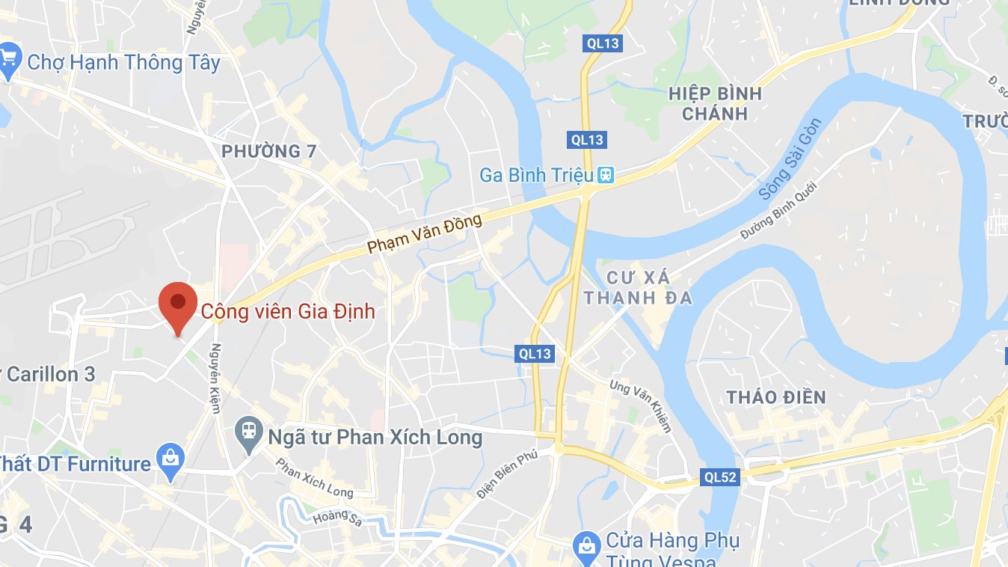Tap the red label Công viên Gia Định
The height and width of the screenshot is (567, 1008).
tap(287, 311)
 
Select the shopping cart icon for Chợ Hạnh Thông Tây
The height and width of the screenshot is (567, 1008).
tap(8, 59)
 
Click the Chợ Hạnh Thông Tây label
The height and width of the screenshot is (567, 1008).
tap(123, 63)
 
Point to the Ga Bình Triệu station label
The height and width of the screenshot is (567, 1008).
tap(536, 176)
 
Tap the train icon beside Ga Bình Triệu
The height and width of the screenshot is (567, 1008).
tap(605, 176)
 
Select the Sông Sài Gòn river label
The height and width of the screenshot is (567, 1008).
tap(790, 160)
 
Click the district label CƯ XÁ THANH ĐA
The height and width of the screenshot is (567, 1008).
tap(638, 288)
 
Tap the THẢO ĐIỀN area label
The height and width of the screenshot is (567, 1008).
tap(776, 397)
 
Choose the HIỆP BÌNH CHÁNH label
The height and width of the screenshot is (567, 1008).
tap(715, 103)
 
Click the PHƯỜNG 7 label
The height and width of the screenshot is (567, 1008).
tap(269, 152)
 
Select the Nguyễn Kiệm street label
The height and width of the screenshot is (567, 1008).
tap(216, 378)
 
